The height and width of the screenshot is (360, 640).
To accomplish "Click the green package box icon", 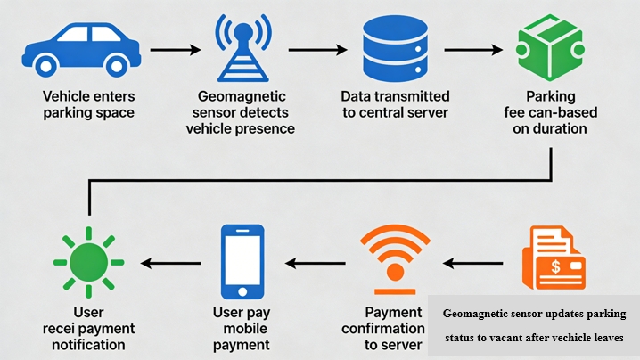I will coord(543,49).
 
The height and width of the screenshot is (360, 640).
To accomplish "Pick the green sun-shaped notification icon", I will coord(88,262).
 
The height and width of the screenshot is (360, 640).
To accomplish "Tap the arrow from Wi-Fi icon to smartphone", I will coord(316,263).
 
